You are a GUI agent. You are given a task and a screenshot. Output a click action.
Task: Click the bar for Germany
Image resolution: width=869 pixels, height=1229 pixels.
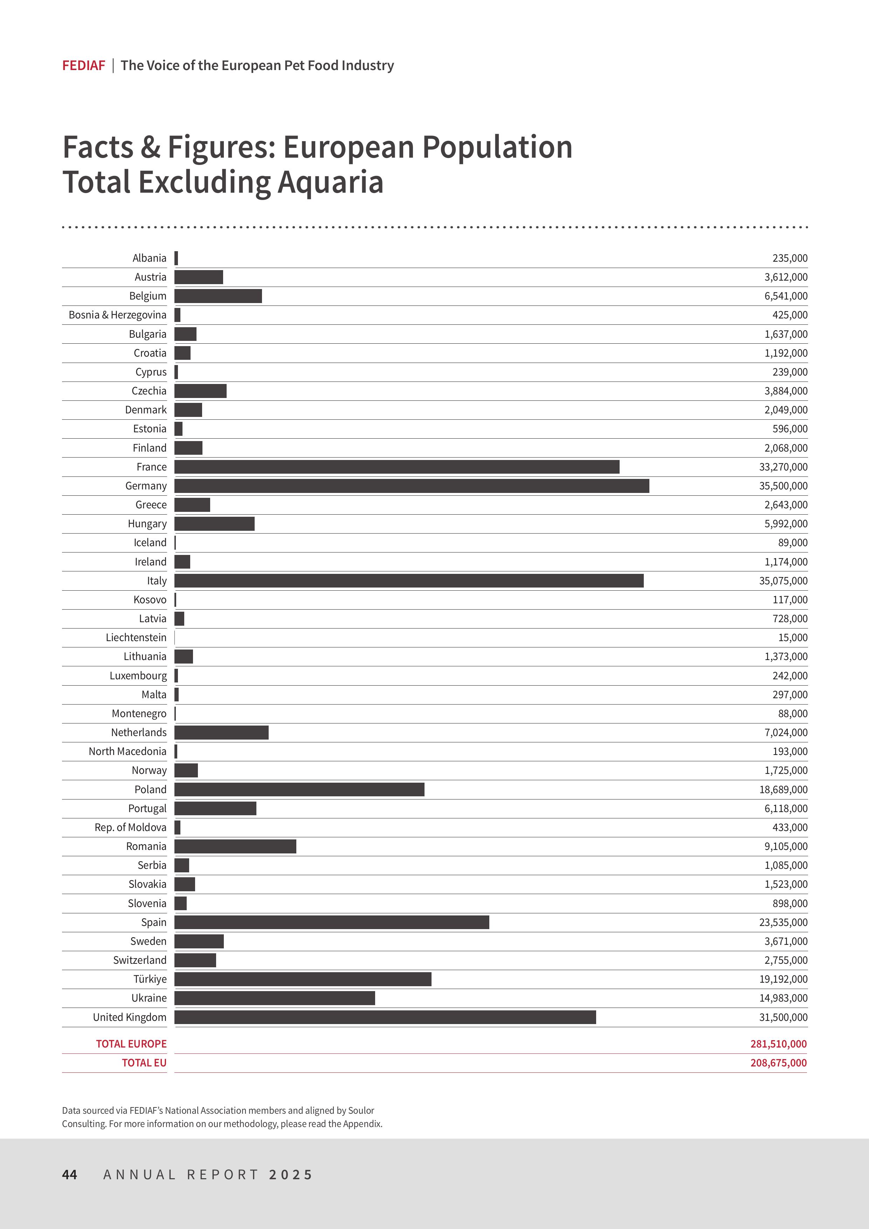coord(412,486)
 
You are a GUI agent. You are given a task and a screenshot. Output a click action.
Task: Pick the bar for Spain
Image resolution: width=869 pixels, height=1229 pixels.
coord(332,922)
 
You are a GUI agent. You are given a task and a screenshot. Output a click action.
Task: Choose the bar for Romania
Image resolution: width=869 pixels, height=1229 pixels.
coord(235,846)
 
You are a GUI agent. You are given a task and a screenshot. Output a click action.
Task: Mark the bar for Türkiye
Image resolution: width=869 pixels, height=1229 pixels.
coord(303,979)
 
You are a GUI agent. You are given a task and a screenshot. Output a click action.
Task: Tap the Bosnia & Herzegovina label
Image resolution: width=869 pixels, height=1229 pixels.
coord(117,315)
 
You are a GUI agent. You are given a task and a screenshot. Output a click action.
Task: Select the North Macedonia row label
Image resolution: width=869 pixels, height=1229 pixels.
coord(127,751)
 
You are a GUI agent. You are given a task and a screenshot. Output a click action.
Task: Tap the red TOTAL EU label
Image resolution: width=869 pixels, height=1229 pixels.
coord(144,1063)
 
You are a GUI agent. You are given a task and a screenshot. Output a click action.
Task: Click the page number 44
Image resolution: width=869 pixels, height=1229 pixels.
coord(70,1174)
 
